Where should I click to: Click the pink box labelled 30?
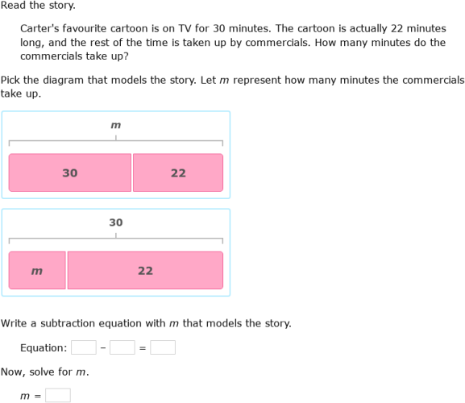click(x=70, y=172)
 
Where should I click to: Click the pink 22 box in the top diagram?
click(x=178, y=172)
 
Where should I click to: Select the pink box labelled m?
click(x=37, y=270)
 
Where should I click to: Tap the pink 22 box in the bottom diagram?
click(x=145, y=270)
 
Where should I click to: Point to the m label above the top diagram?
click(x=116, y=125)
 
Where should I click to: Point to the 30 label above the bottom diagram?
click(x=116, y=222)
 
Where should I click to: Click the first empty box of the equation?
click(x=83, y=347)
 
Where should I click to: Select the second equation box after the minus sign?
click(x=122, y=347)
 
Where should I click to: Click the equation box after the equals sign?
click(x=162, y=347)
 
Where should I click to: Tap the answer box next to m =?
click(x=57, y=395)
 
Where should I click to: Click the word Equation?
click(x=44, y=347)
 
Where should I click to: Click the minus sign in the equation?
click(x=102, y=347)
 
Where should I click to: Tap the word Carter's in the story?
click(x=42, y=28)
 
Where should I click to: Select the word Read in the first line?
click(x=14, y=6)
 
